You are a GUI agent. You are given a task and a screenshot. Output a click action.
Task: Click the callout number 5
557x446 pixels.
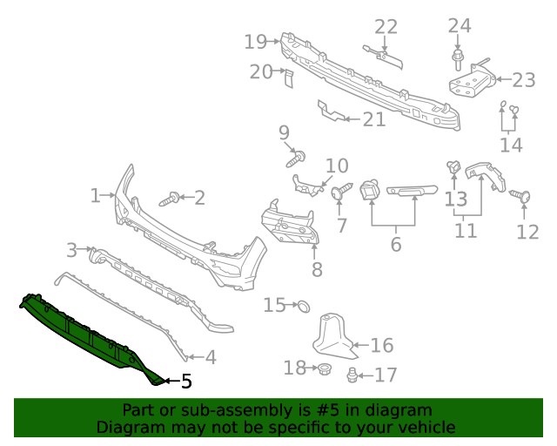(x=185, y=381)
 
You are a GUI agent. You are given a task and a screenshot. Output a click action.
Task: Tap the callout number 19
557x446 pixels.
(x=255, y=41)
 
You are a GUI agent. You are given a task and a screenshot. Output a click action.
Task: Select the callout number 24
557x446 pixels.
(x=460, y=26)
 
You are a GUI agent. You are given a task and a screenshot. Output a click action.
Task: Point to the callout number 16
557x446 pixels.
(x=382, y=346)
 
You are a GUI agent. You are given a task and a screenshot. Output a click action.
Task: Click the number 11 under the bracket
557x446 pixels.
(x=466, y=231)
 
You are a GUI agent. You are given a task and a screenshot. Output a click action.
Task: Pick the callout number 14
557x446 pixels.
(x=511, y=144)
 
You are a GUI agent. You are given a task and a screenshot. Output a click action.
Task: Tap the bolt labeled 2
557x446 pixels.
(x=169, y=199)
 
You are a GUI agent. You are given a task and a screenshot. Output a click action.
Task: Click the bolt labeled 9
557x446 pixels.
(x=295, y=159)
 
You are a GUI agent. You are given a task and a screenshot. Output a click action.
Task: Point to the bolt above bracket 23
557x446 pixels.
(x=458, y=59)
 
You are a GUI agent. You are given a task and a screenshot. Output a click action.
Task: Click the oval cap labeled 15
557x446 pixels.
(x=304, y=306)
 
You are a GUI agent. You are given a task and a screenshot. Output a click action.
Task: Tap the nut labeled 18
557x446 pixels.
(x=322, y=369)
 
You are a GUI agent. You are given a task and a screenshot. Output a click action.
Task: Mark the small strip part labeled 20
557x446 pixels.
(x=289, y=79)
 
